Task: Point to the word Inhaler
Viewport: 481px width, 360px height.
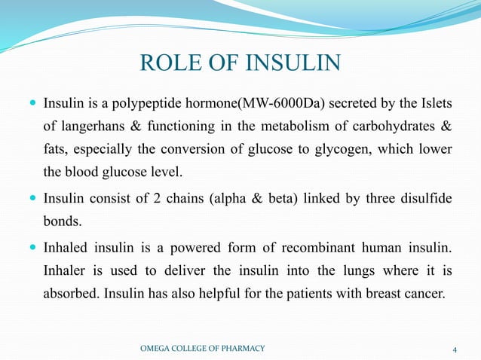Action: (x=65, y=271)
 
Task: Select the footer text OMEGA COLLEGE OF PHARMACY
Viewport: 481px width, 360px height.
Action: (x=204, y=348)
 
